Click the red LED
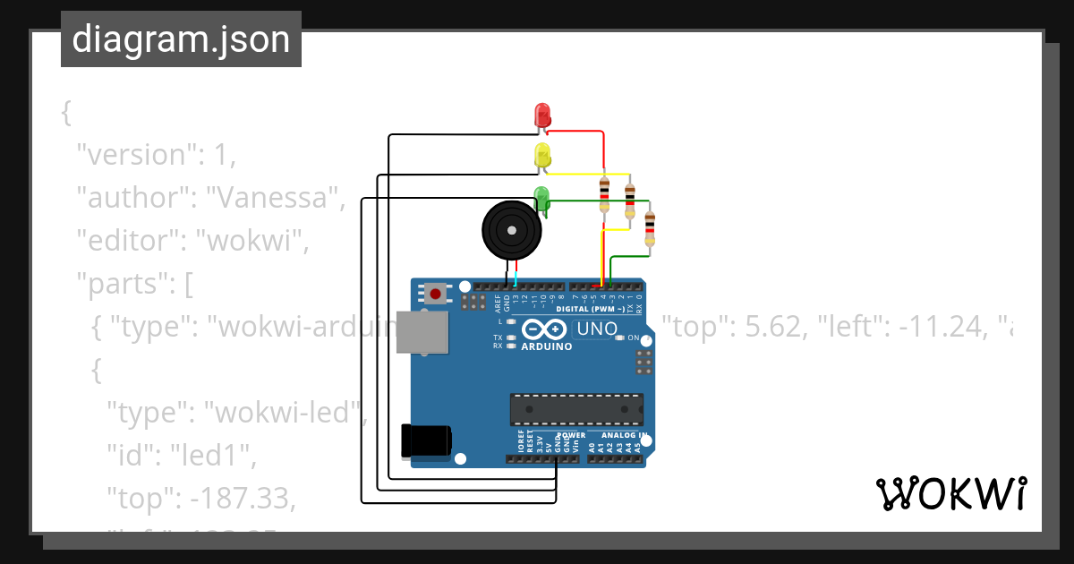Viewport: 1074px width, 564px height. click(542, 115)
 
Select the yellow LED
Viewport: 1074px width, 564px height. click(542, 156)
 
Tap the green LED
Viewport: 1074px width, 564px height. click(541, 197)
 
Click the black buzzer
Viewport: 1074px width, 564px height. click(511, 230)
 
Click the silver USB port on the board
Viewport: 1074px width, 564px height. click(422, 331)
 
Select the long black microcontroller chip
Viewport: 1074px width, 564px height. click(576, 409)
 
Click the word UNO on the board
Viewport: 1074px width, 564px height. click(597, 329)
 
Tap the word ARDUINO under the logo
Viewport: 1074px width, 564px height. click(546, 346)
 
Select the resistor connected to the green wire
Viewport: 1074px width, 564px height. click(650, 227)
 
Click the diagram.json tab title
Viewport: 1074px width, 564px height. click(181, 40)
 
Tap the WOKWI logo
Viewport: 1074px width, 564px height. click(950, 493)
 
